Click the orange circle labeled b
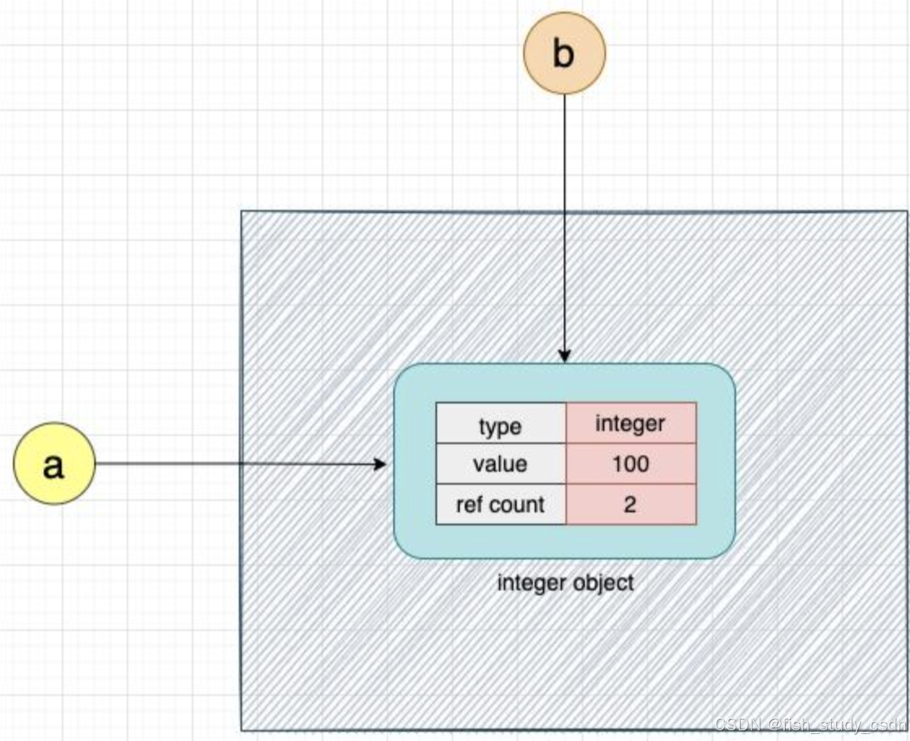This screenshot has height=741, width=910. pyautogui.click(x=565, y=53)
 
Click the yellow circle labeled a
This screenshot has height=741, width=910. pyautogui.click(x=54, y=464)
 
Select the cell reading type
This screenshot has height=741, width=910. pyautogui.click(x=500, y=423)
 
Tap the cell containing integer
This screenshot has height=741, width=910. pyautogui.click(x=630, y=423)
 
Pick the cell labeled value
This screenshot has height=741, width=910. pyautogui.click(x=500, y=464)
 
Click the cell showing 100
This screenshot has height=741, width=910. pyautogui.click(x=630, y=464)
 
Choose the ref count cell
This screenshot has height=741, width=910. pyautogui.click(x=500, y=505)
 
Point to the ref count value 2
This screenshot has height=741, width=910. pyautogui.click(x=630, y=505)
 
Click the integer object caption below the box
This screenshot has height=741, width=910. pyautogui.click(x=565, y=583)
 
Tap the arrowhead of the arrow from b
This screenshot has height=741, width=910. pyautogui.click(x=565, y=356)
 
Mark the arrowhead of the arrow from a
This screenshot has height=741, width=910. pyautogui.click(x=379, y=464)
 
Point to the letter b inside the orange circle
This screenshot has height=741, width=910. pyautogui.click(x=563, y=53)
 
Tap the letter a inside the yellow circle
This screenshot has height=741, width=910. pyautogui.click(x=53, y=466)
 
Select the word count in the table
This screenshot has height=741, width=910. pyautogui.click(x=518, y=505)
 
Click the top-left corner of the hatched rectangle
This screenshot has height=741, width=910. pyautogui.click(x=242, y=213)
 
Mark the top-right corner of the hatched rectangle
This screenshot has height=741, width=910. pyautogui.click(x=906, y=213)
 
